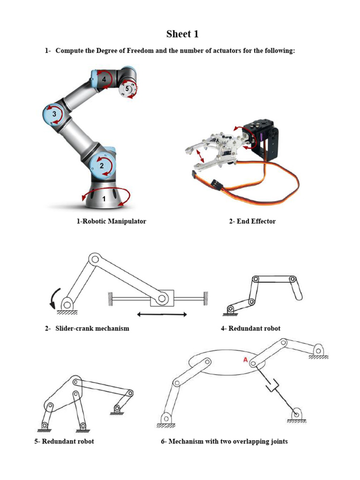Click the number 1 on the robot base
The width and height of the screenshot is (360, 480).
coord(104,199)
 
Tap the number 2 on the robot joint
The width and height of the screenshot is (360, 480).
coord(101,165)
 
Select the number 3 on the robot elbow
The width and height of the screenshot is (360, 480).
coord(54,114)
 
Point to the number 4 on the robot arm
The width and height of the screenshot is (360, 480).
coord(104,80)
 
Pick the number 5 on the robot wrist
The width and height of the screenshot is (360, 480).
coord(127,89)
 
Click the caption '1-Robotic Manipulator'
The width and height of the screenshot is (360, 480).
coord(111,221)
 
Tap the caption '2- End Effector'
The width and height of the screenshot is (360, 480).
coord(252,221)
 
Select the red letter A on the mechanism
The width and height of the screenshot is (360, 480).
coord(245,360)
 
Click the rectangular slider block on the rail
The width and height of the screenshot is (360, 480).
coord(162,297)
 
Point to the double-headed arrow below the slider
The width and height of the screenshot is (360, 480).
coord(162,314)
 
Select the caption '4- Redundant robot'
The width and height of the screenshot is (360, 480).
coord(250,328)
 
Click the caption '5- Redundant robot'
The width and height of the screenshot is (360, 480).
coord(64,441)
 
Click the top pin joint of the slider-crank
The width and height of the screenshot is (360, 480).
coord(94,258)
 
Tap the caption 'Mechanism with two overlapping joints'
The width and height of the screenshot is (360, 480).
coord(228,441)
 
